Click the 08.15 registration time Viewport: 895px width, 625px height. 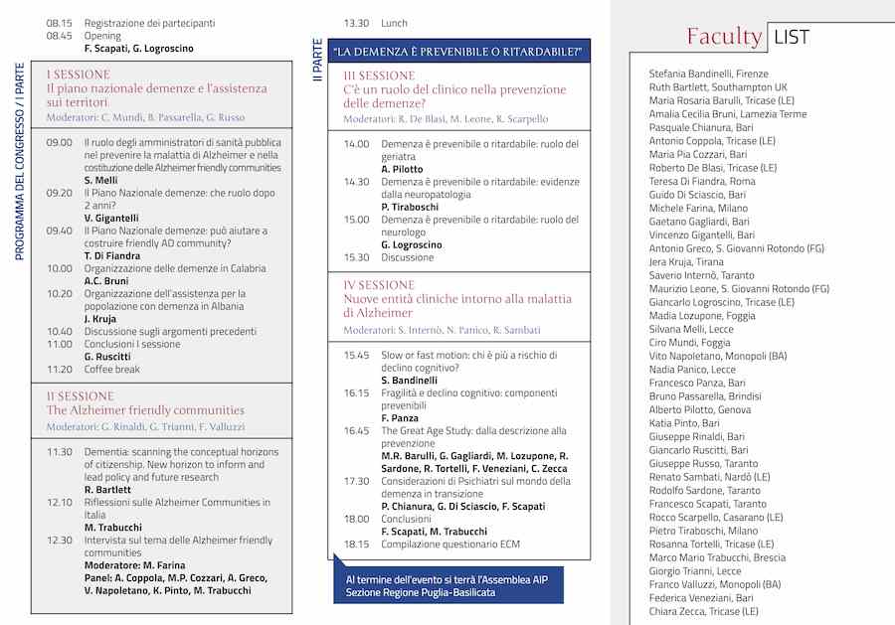pos(59,23)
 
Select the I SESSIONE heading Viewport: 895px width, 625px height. pos(79,75)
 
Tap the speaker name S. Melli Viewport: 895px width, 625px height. pos(100,180)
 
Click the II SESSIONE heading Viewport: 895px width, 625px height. pos(81,395)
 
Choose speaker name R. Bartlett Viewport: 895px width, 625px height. pos(106,490)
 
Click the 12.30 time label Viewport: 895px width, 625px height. pos(59,540)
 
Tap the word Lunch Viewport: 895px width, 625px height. pos(394,23)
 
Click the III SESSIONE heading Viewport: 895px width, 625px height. pos(379,76)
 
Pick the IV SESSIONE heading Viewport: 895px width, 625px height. pos(379,284)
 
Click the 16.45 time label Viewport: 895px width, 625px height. pos(356,430)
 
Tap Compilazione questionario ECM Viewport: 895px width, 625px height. pos(449,544)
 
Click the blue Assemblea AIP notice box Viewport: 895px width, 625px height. pos(447,585)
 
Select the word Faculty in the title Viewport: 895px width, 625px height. pos(724,37)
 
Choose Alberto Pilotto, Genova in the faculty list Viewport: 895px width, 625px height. pos(700,409)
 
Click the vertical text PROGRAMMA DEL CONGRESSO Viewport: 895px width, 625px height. pos(19,164)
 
